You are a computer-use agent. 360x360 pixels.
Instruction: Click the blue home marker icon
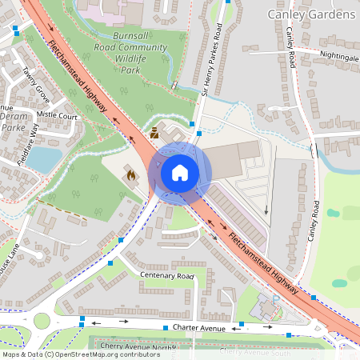pyautogui.click(x=180, y=173)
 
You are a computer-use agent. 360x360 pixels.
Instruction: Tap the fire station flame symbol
pyautogui.click(x=130, y=174)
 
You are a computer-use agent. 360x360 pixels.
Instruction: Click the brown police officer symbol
pyautogui.click(x=154, y=133)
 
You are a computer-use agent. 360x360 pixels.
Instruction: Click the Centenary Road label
pyautogui.click(x=167, y=276)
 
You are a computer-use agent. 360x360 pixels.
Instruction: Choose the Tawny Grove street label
pyautogui.click(x=37, y=84)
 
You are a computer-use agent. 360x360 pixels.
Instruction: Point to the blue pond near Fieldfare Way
pyautogui.click(x=43, y=159)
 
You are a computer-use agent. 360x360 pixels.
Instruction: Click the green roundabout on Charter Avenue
pyautogui.click(x=41, y=322)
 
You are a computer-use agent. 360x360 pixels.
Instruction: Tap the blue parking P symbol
pyautogui.click(x=275, y=299)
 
